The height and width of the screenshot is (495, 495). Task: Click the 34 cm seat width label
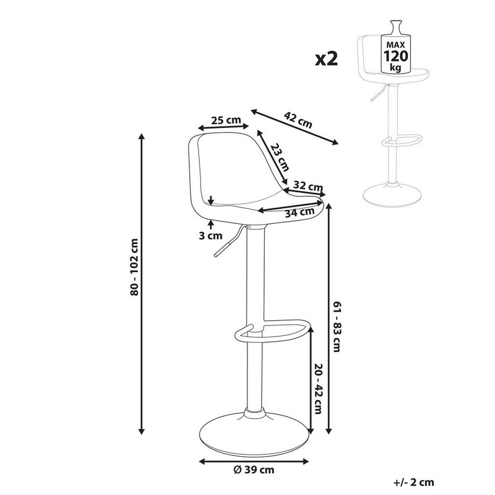pos(299,211)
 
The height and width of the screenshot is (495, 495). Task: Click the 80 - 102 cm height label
pos(134,266)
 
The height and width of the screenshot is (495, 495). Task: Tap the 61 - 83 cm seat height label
pos(337,326)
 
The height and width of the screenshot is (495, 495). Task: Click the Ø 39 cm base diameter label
pos(254,469)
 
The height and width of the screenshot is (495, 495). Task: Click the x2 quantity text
pos(326,58)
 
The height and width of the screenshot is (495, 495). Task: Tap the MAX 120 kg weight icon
pos(395,48)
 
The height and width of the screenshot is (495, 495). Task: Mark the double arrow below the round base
pos(254,461)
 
